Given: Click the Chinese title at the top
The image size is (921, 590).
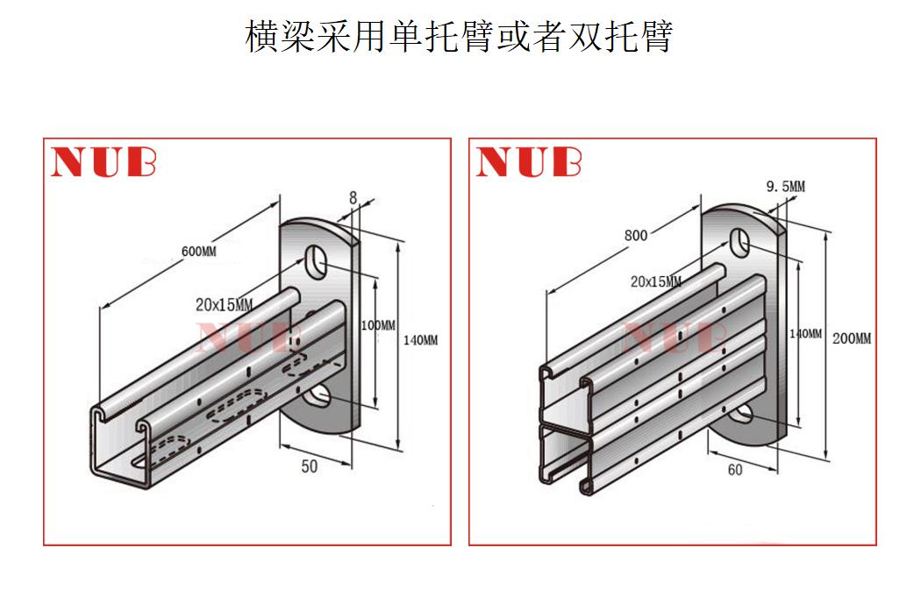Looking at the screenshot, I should pyautogui.click(x=459, y=36).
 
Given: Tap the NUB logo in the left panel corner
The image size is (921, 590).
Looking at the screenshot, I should pyautogui.click(x=104, y=162).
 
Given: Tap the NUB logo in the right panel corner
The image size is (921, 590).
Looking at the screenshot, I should pyautogui.click(x=528, y=162).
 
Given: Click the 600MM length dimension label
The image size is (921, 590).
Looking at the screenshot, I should pyautogui.click(x=198, y=252).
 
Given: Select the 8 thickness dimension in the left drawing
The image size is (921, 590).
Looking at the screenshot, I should pyautogui.click(x=353, y=199).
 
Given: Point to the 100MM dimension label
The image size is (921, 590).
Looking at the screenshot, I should pyautogui.click(x=378, y=325).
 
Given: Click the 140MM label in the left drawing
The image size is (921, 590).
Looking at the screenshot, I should pyautogui.click(x=420, y=340).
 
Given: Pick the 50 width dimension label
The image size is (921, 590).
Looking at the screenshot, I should pyautogui.click(x=309, y=466).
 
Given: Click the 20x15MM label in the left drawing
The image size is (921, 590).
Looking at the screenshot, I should pyautogui.click(x=224, y=305).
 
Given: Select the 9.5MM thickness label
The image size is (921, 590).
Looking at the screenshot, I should pyautogui.click(x=785, y=186).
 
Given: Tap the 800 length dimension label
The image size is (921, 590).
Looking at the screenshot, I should pyautogui.click(x=636, y=235).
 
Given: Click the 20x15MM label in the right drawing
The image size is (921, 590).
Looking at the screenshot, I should pyautogui.click(x=655, y=281).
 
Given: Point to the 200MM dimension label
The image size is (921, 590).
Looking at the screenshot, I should pyautogui.click(x=851, y=338).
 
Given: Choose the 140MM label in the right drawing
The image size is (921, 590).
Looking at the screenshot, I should pyautogui.click(x=805, y=334).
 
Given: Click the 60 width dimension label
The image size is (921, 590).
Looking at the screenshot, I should pyautogui.click(x=734, y=470).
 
